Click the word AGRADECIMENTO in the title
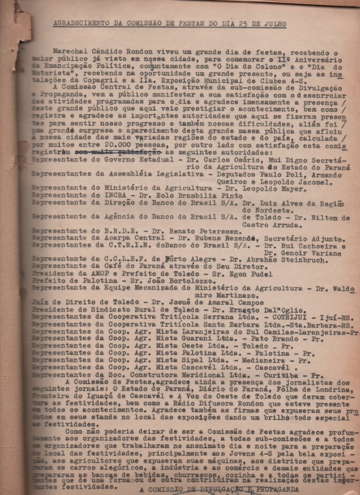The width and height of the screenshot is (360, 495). point(77,23)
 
